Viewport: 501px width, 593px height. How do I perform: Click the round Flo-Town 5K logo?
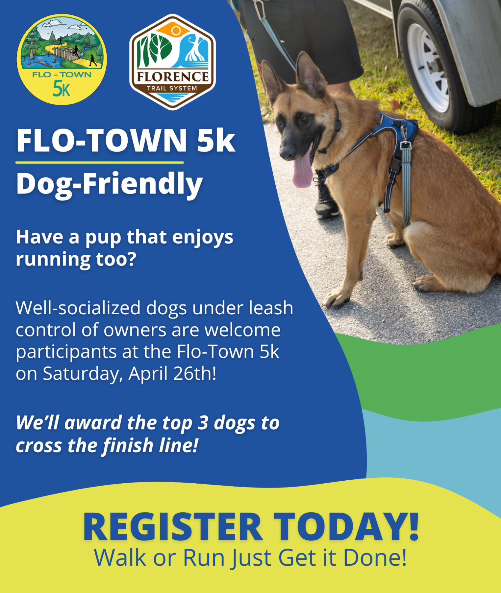click(x=62, y=60)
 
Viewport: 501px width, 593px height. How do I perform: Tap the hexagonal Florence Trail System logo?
click(x=172, y=62)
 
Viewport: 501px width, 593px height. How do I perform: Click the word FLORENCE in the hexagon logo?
click(x=173, y=77)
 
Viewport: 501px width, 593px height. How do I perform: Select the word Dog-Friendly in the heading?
click(x=110, y=184)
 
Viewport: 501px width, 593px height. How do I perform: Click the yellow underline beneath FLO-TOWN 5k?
click(x=99, y=162)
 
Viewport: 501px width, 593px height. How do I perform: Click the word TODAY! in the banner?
click(x=346, y=527)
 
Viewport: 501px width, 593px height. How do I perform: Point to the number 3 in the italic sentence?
click(x=203, y=423)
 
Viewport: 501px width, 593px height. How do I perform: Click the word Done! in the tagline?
click(x=375, y=558)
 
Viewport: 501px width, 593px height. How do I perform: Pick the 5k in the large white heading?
click(x=216, y=141)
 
